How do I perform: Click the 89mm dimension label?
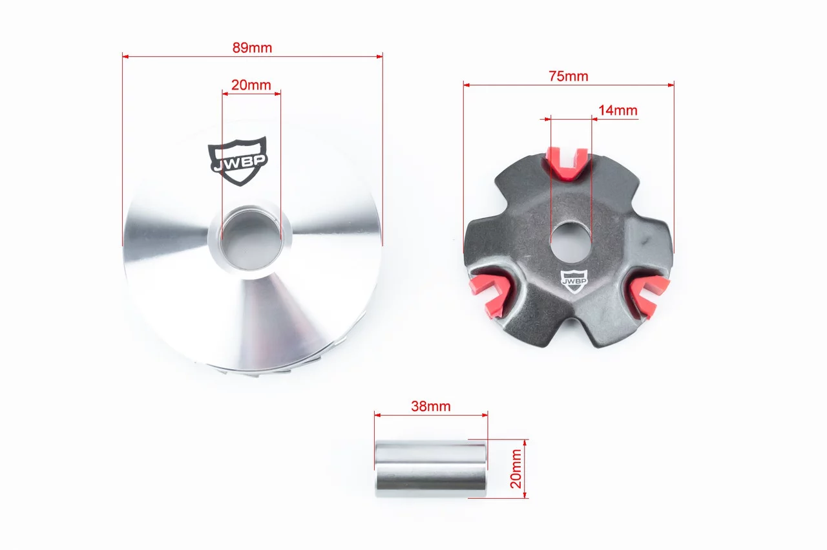coord(252,48)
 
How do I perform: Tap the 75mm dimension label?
coord(568,76)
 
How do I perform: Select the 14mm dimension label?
coord(618,110)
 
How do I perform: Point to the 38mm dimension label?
coord(431,407)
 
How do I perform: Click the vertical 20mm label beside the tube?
coord(516,469)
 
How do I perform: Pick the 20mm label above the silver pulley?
coord(251,85)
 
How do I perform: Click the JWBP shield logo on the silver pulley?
coord(238,162)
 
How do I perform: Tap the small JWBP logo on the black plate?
coord(574,281)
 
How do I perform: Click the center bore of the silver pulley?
coord(251,239)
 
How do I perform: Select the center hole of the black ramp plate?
coord(571,242)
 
